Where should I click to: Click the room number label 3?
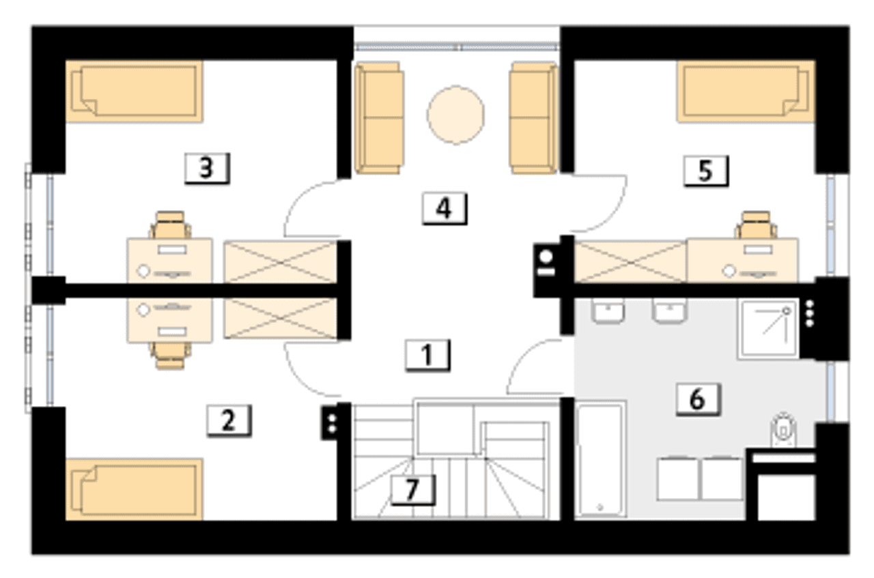point(207,169)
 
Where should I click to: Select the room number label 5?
point(706,171)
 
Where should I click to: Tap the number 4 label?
point(445,208)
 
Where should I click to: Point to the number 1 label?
point(427,355)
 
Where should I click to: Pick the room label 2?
point(229,420)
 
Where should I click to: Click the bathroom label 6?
point(699,400)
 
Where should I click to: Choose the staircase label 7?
point(413,490)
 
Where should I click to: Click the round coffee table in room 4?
point(455,115)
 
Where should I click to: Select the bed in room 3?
point(135,91)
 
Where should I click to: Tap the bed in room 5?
point(746,91)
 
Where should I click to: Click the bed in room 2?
point(135,489)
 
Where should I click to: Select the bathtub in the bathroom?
point(600,459)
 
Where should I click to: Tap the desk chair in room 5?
point(756,225)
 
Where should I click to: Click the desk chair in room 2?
point(170,356)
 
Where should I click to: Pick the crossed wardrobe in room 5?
point(630,261)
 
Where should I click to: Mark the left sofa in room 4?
point(378,118)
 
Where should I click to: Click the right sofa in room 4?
point(533,118)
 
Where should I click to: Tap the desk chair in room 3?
point(170,225)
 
